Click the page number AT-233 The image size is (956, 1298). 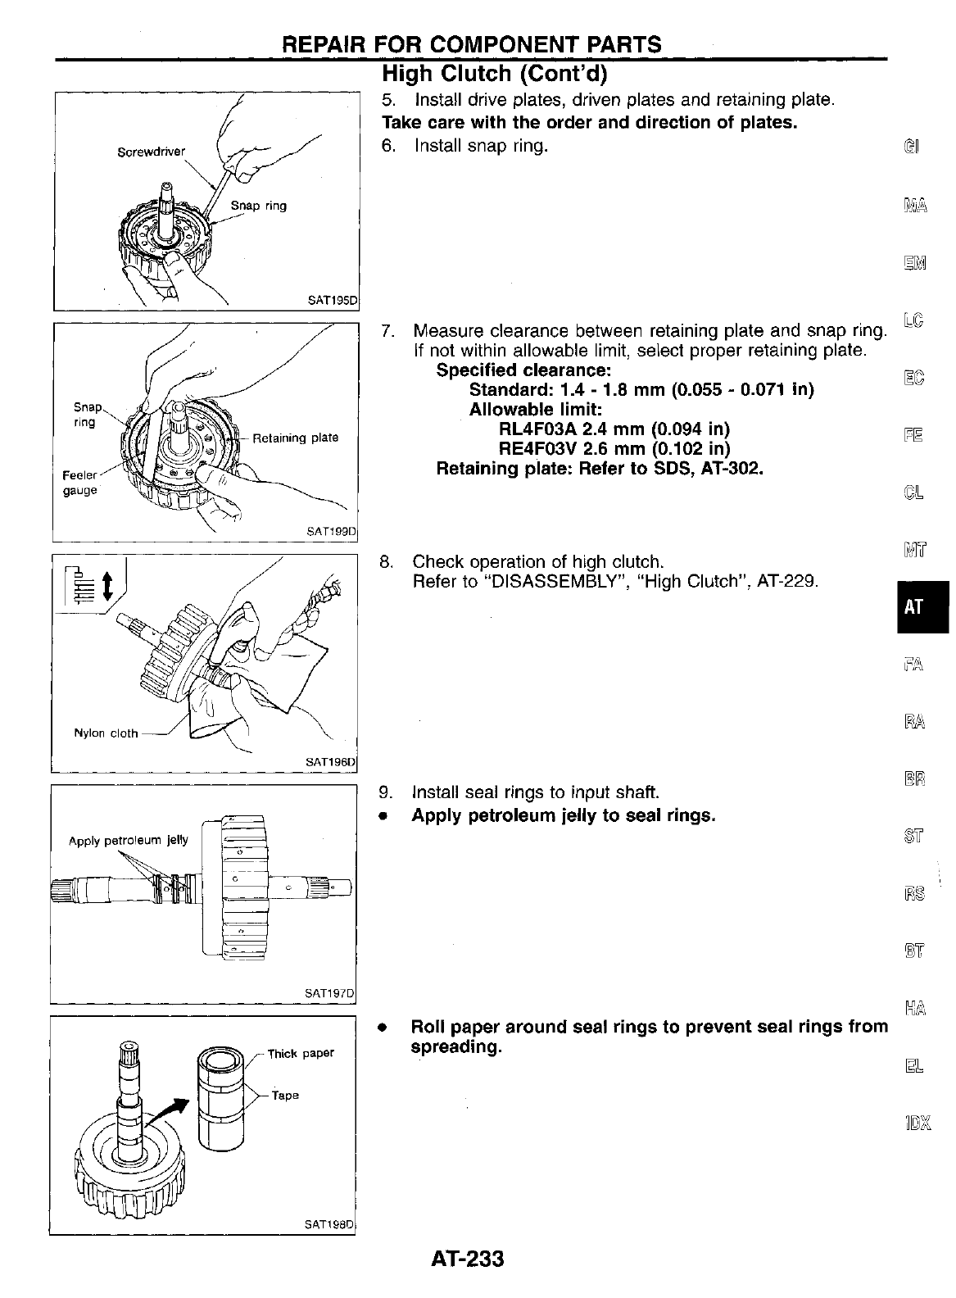point(466,1257)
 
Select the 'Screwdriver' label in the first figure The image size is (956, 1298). point(152,152)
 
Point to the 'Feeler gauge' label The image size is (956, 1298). point(80,483)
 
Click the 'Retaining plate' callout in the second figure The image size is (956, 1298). point(295,438)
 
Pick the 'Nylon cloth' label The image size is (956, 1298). point(106,733)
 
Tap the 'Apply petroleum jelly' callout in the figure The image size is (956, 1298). point(129,840)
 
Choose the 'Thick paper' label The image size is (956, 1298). point(301,1053)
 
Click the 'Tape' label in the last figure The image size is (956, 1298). point(285,1095)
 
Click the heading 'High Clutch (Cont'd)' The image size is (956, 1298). point(495,75)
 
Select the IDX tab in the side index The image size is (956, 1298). point(914,1122)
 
